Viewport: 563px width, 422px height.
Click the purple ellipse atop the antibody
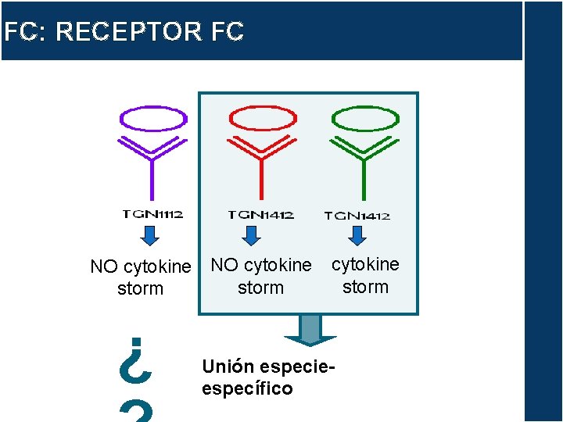(152, 119)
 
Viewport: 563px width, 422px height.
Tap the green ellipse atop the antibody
(365, 118)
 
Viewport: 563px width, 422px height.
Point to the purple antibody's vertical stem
(152, 176)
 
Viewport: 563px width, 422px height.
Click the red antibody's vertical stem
(260, 176)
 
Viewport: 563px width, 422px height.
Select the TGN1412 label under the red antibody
(260, 214)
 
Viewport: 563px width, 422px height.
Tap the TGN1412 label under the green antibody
(357, 215)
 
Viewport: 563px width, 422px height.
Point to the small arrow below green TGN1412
(357, 235)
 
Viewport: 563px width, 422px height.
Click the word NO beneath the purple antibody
(103, 267)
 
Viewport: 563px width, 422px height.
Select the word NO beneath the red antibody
(224, 266)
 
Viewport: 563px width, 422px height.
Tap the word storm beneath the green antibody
(365, 287)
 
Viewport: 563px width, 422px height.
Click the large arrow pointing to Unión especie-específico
(310, 330)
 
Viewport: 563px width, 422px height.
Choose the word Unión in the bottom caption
(228, 366)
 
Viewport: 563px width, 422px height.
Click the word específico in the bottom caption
(247, 388)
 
